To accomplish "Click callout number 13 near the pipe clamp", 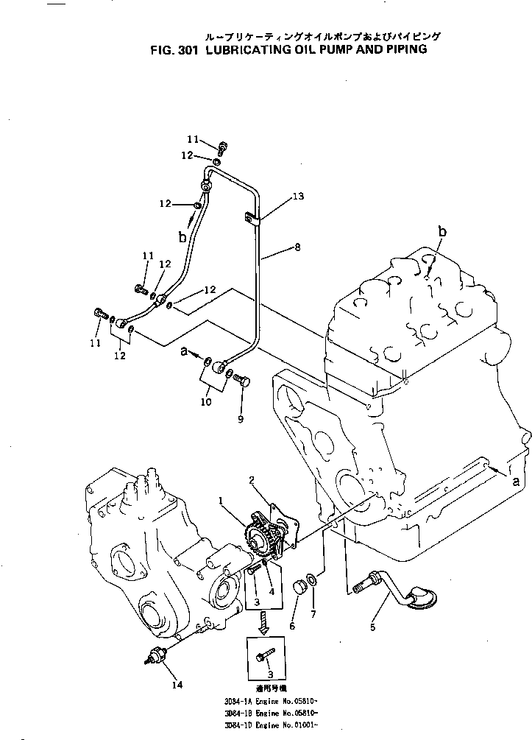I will (x=298, y=197).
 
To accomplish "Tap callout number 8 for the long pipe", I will (x=297, y=248).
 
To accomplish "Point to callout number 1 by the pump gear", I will (x=220, y=501).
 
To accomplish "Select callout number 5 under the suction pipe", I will (x=372, y=627).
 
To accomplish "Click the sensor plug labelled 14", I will (x=158, y=653).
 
